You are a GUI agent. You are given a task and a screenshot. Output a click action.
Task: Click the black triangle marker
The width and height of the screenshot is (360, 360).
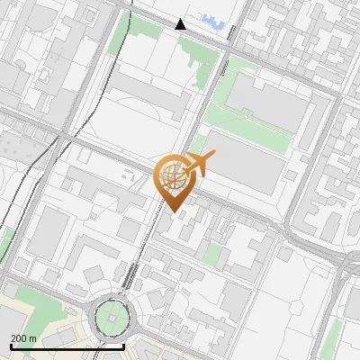[x=181, y=24]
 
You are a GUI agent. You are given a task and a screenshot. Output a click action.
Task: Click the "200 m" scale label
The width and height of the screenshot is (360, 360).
[x=23, y=338]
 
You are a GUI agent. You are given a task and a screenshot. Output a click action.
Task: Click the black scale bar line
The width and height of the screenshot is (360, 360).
[x=67, y=346]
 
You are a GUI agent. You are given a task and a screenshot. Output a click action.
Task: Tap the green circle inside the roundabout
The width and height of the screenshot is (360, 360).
[x=112, y=316]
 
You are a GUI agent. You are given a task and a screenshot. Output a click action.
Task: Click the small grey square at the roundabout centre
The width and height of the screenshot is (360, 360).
[x=112, y=316]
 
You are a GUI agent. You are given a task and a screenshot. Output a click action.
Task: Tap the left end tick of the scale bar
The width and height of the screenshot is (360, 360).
[x=10, y=345]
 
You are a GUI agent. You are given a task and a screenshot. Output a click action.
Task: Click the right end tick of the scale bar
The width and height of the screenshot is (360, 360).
[x=123, y=345]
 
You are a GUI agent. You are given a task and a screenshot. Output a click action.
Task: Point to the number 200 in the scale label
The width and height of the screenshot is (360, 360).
[x=19, y=338]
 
